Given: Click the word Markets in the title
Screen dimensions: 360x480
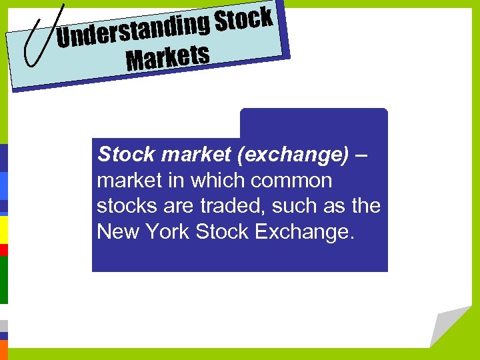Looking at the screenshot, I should (x=168, y=57).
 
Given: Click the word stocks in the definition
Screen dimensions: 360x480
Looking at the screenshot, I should (x=123, y=206).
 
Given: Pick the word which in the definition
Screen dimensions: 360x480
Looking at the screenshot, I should (x=219, y=181).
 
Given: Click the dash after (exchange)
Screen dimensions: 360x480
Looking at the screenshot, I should (x=361, y=155).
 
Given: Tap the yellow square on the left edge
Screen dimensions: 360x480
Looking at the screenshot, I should (x=3, y=229).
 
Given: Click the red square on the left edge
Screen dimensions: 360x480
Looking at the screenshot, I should (x=3, y=250).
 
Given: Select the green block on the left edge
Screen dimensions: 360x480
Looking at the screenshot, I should (x=3, y=279).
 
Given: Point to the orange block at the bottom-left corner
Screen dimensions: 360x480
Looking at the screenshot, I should (x=3, y=350).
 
